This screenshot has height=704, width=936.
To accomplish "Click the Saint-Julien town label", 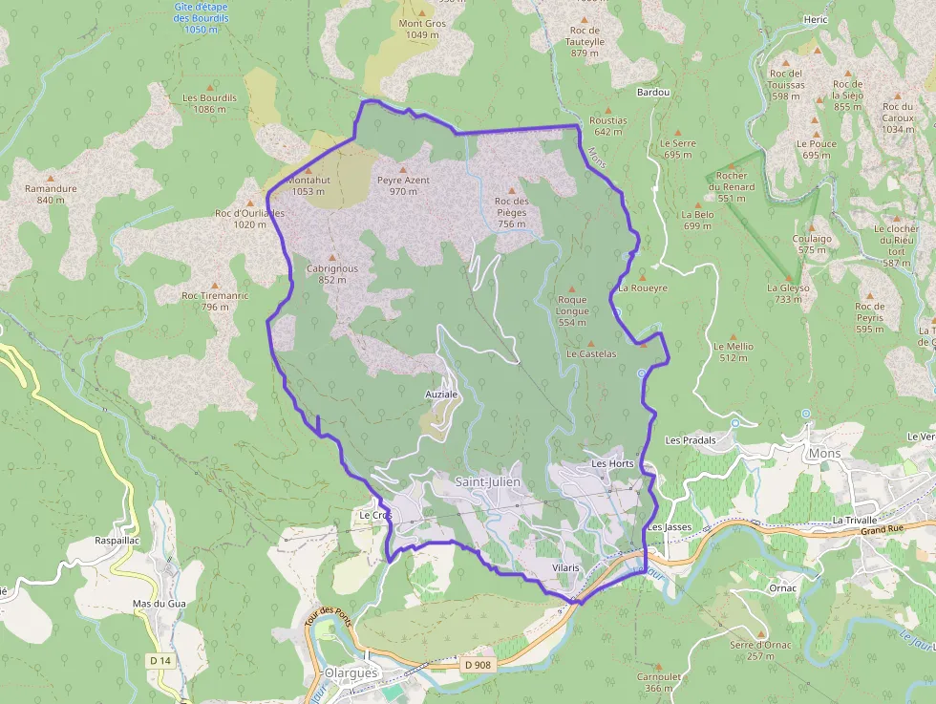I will point(487,481).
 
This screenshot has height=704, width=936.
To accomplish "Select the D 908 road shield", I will point(479,664).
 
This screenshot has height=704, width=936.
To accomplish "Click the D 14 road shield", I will point(160,660).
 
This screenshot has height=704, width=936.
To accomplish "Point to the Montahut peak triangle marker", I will point(308,169).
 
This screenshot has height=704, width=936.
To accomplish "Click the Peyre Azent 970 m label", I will point(403,185).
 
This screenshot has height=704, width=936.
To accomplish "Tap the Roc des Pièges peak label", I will point(512,206).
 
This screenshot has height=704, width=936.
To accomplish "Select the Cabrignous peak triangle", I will point(332,257).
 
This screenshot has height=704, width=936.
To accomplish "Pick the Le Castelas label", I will point(591,353).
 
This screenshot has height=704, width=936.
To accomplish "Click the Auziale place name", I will point(441,394).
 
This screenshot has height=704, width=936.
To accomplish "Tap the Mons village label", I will point(824,453).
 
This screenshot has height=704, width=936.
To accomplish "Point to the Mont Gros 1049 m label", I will point(422,30).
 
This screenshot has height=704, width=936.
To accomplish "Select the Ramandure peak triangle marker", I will point(51,178).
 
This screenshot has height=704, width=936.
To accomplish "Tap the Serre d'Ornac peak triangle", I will point(760,633).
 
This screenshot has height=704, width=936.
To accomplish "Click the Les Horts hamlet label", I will point(612,463).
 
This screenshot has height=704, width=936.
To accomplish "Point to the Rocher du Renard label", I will point(732,181).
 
